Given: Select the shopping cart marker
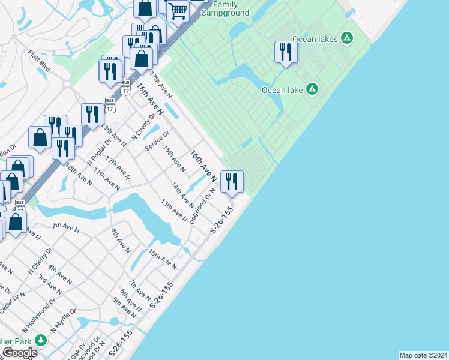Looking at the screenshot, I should coord(177,10).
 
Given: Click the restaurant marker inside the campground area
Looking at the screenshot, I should coord(285,52).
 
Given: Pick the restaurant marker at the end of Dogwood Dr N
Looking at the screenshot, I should coord(232,181).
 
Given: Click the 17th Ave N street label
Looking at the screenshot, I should coord(161,85).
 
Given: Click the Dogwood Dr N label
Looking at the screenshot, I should coord(202,206).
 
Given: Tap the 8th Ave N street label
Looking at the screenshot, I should coord(121,241).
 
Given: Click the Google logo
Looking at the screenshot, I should coord(19,353).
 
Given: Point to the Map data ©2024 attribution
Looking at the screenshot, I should coord(423,355).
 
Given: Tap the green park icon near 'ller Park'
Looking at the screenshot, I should coord(40,341).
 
